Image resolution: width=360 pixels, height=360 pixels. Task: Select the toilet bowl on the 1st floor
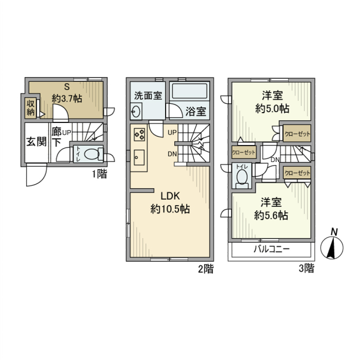click(90, 154)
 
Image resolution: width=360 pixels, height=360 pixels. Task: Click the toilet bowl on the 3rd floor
click(242, 176)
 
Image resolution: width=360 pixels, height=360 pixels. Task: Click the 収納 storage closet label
click(30, 107)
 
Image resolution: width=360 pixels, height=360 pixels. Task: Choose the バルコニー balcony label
click(271, 250)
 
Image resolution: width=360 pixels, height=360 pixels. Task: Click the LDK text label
click(171, 196)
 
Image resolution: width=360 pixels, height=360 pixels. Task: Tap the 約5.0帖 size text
click(272, 108)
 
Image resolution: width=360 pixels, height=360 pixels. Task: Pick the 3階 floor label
click(306, 268)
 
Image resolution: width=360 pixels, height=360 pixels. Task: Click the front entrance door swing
click(36, 175)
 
